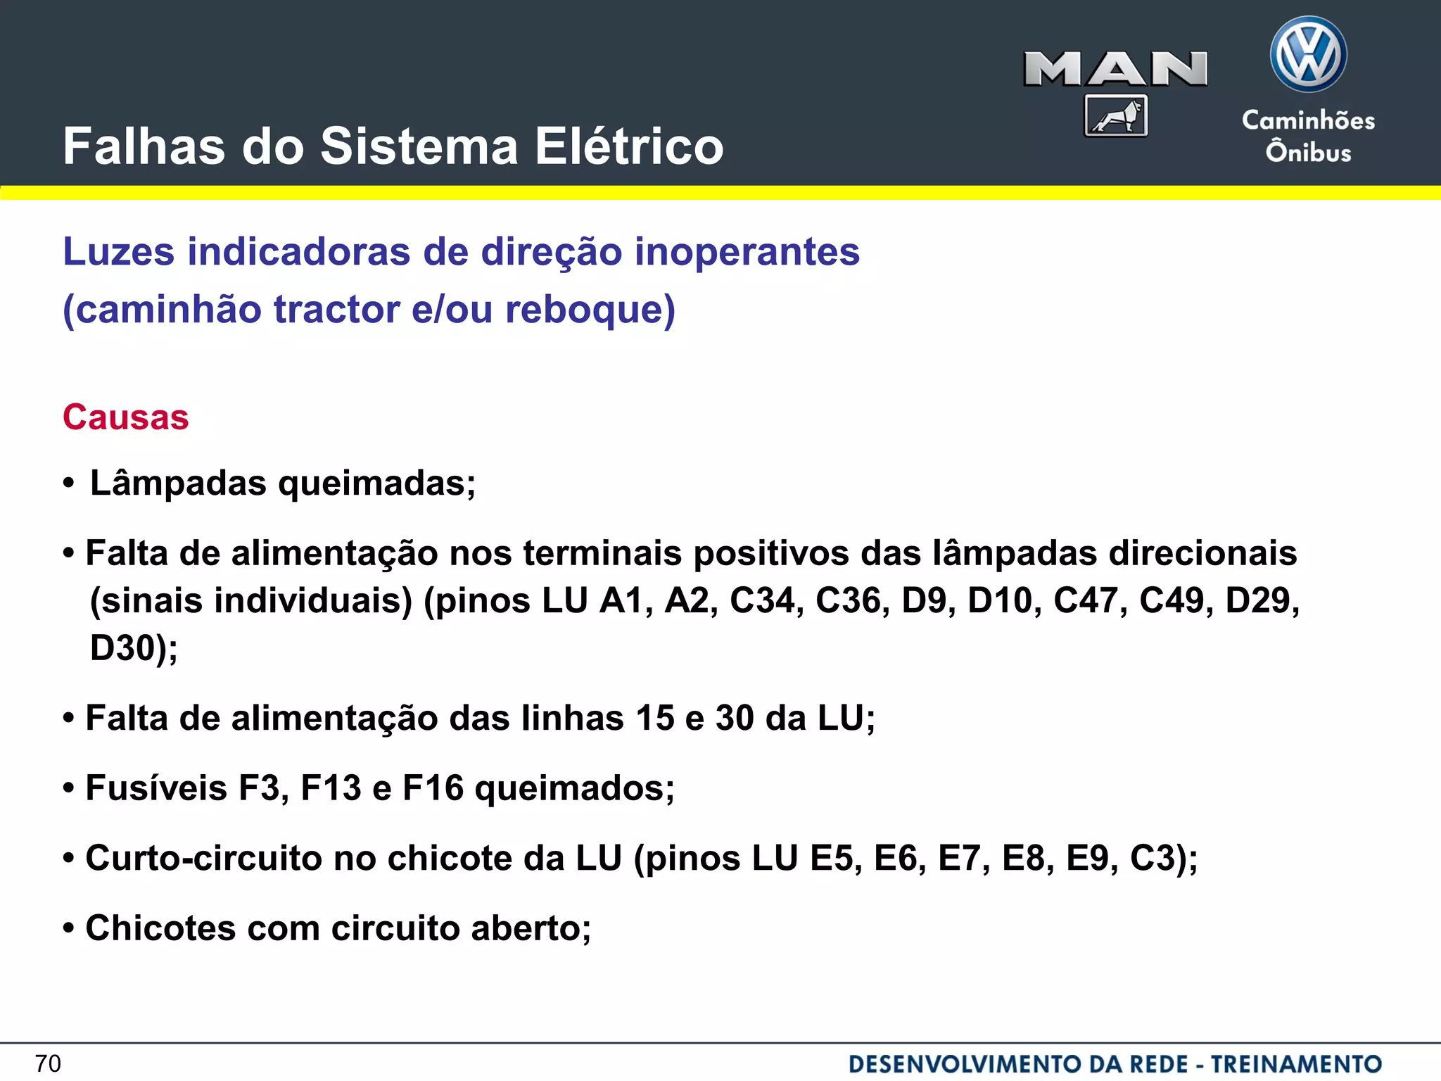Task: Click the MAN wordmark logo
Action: pos(1115,69)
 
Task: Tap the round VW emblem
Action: pos(1308,55)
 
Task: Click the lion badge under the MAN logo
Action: pos(1116,115)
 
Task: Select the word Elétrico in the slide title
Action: pos(629,146)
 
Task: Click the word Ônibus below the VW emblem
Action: pos(1308,152)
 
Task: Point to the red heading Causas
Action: pos(126,417)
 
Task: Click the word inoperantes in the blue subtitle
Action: pos(747,251)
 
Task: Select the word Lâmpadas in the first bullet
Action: pos(179,483)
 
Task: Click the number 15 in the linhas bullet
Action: pos(655,719)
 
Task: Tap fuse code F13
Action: pos(331,788)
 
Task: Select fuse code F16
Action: pos(433,788)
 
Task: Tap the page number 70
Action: pos(48,1063)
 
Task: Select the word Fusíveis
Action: pos(156,788)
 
